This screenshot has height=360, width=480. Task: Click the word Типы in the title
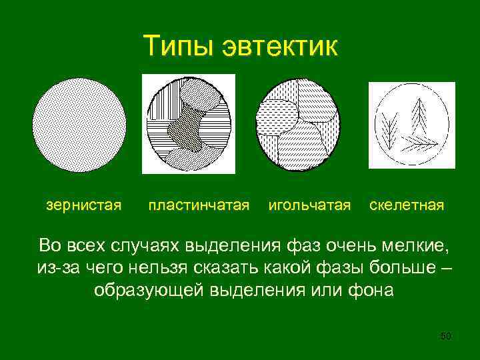point(177,46)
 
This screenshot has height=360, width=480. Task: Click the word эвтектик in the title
point(280,46)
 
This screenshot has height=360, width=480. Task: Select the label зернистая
point(84,204)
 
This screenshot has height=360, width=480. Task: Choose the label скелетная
point(407,204)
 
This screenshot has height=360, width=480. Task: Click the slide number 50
point(446,337)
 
